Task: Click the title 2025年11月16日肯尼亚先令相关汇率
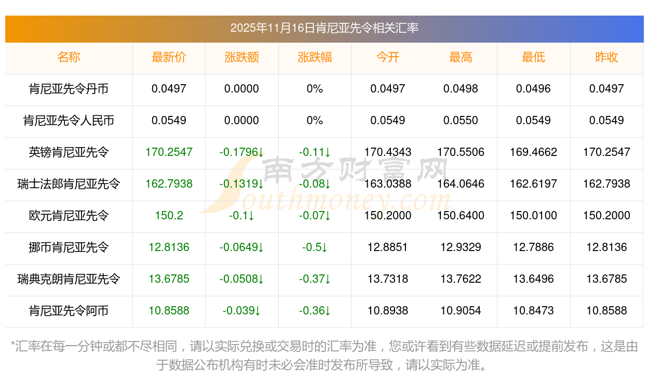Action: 324,28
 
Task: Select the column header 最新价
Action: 169,57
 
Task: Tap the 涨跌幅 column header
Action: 315,57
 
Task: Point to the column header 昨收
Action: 606,57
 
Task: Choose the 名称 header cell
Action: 69,57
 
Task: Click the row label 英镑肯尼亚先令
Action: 69,152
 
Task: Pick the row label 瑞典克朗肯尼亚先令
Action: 69,279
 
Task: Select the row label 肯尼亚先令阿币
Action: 69,311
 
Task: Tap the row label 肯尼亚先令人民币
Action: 69,121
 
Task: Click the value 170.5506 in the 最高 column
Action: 461,152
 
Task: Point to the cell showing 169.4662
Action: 533,152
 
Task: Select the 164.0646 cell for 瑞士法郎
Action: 461,184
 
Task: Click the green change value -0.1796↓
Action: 241,152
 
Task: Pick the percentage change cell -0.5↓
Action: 315,247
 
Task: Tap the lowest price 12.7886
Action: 533,247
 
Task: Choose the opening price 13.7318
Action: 387,279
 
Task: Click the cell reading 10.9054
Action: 461,311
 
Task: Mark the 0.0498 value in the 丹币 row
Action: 461,89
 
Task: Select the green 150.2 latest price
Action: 169,216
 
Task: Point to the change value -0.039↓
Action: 241,311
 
